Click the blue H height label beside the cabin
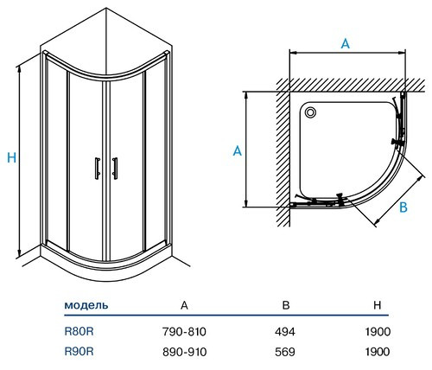(x=12, y=157)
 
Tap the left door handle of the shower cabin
(x=98, y=169)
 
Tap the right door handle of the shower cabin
(x=115, y=169)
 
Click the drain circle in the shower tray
(x=310, y=112)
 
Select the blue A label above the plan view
(x=346, y=44)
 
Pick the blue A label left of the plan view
(x=238, y=151)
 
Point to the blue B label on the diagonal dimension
(x=403, y=207)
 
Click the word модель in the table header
(x=86, y=305)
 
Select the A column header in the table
(x=184, y=305)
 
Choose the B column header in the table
(x=286, y=305)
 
